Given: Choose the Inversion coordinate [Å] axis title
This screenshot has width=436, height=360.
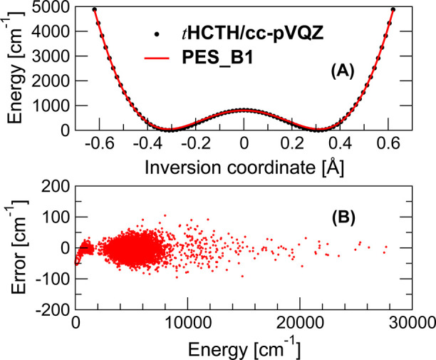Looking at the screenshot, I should pyautogui.click(x=244, y=165).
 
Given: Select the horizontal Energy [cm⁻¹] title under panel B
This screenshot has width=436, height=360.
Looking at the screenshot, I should pyautogui.click(x=244, y=349).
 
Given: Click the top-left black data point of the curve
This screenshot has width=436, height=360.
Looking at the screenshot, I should pyautogui.click(x=95, y=9).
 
